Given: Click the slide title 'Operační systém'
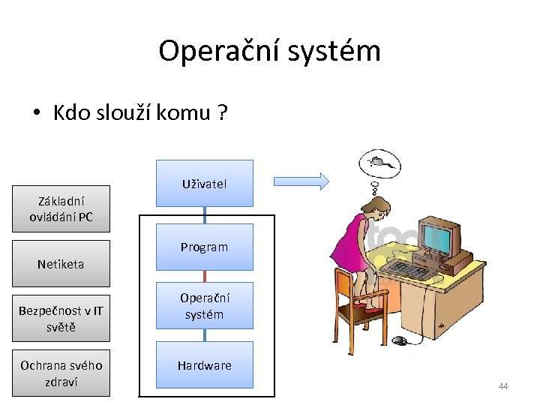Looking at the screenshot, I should tap(269, 51).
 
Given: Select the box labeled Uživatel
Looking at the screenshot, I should tap(204, 183).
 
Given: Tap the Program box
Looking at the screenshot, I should tap(204, 247).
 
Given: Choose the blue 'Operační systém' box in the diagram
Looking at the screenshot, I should tap(204, 306).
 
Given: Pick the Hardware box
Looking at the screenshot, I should tap(204, 365).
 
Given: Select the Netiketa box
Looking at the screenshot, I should tap(61, 264).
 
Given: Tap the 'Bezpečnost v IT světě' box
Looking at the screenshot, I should tap(61, 319).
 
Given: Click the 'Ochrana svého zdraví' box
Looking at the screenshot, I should tap(61, 373).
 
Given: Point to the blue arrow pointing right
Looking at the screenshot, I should tap(301, 180).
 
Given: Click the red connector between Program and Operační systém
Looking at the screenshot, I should tap(204, 276).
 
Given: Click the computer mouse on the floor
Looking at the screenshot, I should tap(400, 340).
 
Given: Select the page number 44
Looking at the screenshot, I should tap(502, 386).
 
